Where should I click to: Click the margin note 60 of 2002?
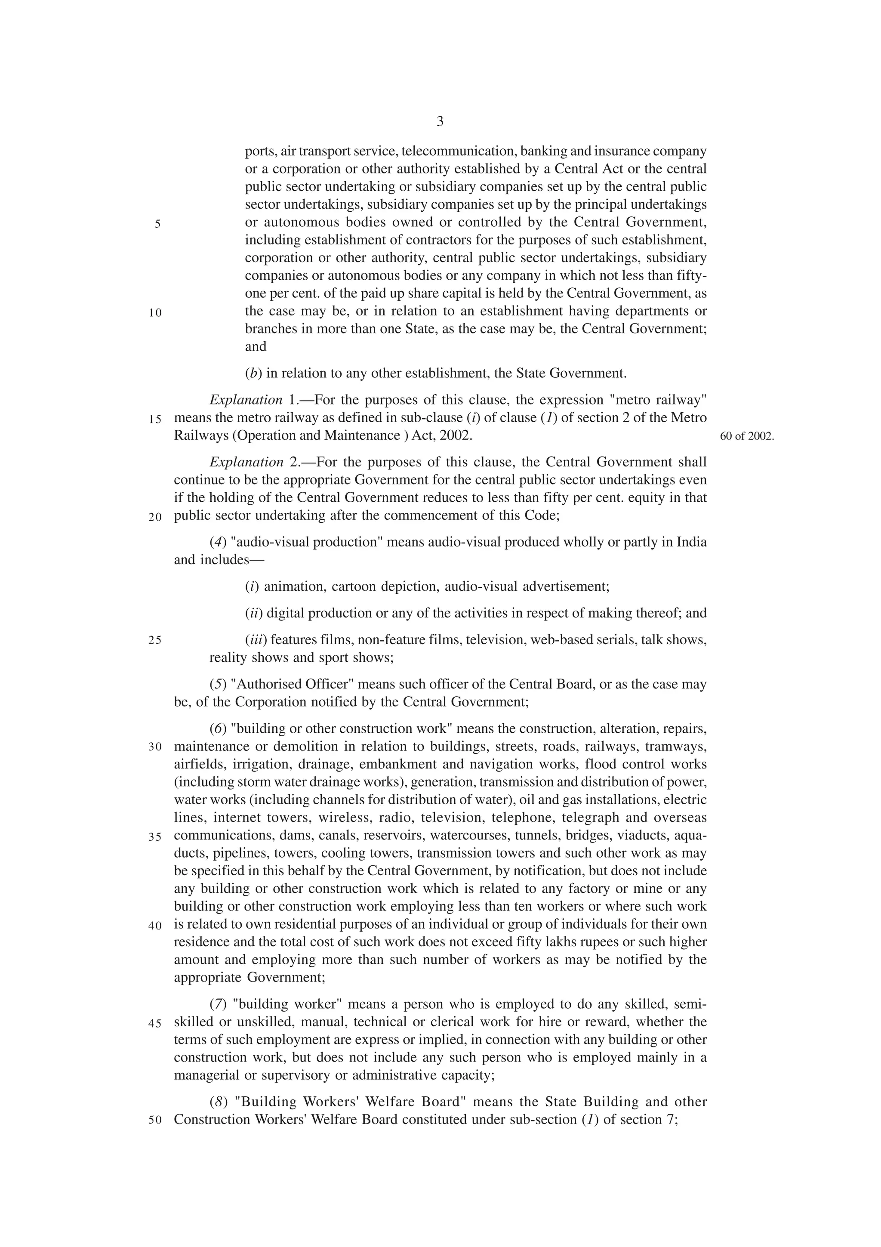746,436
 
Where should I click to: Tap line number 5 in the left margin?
157,224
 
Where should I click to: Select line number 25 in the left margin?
155,640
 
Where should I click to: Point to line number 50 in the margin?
155,1120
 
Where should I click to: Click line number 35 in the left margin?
155,837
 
